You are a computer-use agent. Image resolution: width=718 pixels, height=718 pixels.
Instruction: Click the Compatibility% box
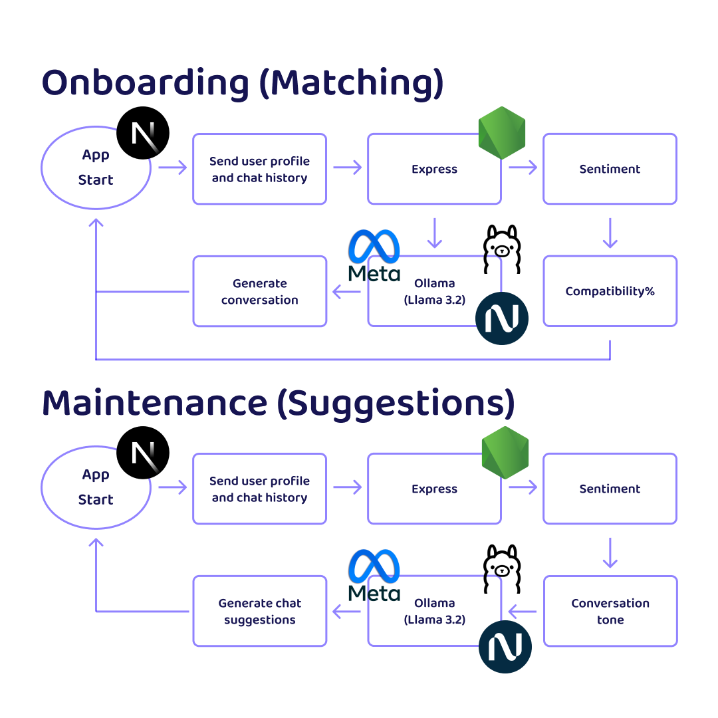click(x=610, y=291)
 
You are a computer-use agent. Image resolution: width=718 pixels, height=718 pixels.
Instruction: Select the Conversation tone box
click(x=610, y=611)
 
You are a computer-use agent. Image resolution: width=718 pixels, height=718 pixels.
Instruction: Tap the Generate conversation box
click(x=259, y=291)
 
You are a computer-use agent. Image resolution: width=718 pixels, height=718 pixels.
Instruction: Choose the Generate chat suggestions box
click(x=259, y=611)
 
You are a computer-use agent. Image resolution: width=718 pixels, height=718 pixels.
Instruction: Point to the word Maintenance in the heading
click(x=154, y=404)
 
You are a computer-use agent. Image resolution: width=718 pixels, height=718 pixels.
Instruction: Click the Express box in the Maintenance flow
click(x=434, y=489)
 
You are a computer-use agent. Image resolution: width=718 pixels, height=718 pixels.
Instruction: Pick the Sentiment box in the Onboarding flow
click(x=610, y=169)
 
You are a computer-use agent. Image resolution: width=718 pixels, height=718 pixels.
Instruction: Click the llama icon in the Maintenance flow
click(x=501, y=569)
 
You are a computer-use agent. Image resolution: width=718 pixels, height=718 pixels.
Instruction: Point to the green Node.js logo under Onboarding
click(x=502, y=132)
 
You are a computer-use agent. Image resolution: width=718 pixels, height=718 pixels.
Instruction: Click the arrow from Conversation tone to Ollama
click(x=523, y=611)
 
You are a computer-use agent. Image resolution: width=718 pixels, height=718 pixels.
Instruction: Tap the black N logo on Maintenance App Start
click(x=143, y=453)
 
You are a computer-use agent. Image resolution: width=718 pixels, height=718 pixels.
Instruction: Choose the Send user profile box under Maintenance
click(x=259, y=489)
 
